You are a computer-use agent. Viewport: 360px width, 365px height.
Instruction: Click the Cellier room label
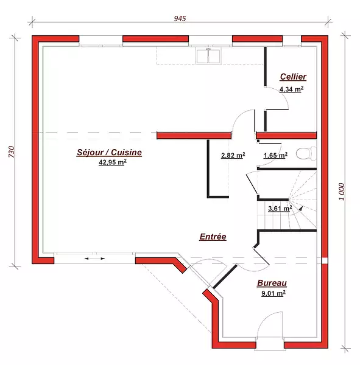(x=293, y=77)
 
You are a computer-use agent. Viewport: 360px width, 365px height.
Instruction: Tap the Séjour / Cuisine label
(x=109, y=152)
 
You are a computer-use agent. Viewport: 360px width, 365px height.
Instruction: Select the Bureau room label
(x=272, y=283)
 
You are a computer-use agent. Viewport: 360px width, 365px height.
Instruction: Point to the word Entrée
(x=213, y=237)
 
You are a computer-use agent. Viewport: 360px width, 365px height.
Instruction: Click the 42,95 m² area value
(x=113, y=162)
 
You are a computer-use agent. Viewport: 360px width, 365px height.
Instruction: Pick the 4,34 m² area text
(x=291, y=89)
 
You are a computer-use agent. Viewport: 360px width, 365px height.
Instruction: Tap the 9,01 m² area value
(x=274, y=293)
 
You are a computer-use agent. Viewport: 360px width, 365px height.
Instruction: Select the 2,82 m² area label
(x=233, y=155)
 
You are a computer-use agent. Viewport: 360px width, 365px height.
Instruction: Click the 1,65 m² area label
(x=275, y=155)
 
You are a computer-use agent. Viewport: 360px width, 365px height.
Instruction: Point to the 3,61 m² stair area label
(x=280, y=208)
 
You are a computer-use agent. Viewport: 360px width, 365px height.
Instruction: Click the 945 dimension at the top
(x=180, y=18)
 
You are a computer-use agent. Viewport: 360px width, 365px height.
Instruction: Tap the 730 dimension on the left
(x=12, y=151)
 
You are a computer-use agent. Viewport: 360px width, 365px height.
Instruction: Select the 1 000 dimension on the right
(x=342, y=192)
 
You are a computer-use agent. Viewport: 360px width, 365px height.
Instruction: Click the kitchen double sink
(x=208, y=56)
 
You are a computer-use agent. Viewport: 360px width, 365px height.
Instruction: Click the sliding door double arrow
(x=94, y=259)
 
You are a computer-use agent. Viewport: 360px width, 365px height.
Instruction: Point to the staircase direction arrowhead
(x=302, y=208)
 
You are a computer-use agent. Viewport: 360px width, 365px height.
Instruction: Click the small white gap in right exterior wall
(x=325, y=260)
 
